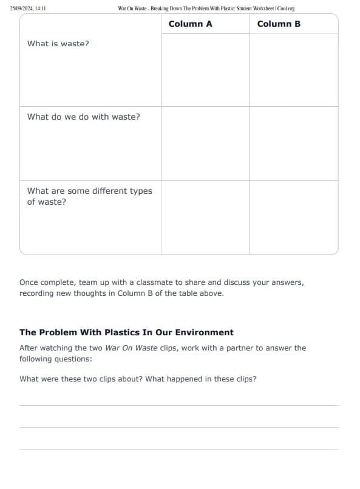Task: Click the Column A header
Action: (x=190, y=24)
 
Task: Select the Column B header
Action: (x=279, y=24)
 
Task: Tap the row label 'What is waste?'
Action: (x=58, y=44)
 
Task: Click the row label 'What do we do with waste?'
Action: (x=84, y=117)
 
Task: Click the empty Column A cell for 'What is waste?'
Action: (x=205, y=70)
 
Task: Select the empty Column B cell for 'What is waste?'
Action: (x=294, y=70)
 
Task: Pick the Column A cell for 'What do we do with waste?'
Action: (x=205, y=143)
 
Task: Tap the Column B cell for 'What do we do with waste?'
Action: (x=294, y=143)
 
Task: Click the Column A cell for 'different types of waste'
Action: (x=205, y=217)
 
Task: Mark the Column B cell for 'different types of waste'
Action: (x=294, y=217)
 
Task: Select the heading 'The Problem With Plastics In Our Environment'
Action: (x=126, y=332)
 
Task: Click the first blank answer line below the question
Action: (x=179, y=405)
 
